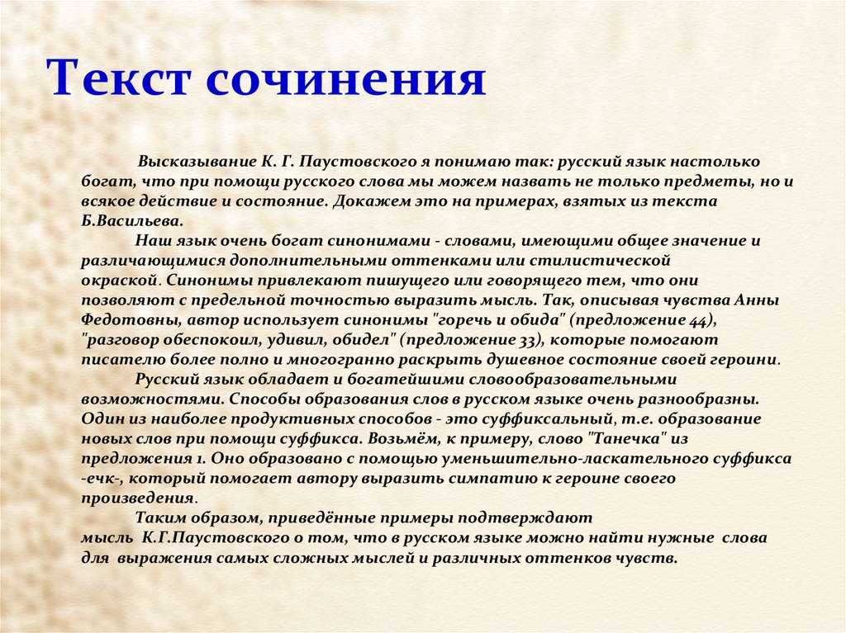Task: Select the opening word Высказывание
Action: (197, 163)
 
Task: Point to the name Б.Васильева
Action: (132, 221)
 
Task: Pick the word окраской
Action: (121, 281)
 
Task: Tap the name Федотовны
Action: (131, 319)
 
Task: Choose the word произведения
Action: (138, 498)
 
